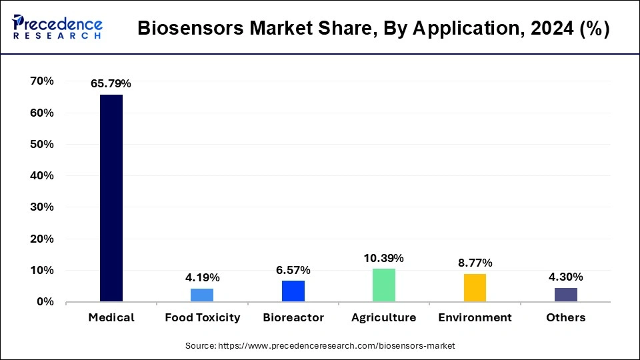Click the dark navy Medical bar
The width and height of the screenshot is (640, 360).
point(111,198)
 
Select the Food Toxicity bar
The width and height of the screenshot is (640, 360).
point(202,295)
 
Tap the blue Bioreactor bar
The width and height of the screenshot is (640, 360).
point(293,291)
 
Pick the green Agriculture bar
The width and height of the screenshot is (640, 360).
point(384,285)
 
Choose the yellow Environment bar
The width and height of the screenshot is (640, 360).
point(475,288)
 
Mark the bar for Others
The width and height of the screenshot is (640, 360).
point(565,295)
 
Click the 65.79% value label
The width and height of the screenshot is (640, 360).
point(111,84)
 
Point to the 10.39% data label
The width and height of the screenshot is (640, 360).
point(384,258)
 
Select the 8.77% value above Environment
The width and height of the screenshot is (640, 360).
point(475,263)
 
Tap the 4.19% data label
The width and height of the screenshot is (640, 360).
point(202,277)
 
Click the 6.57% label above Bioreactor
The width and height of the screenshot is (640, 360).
point(293,270)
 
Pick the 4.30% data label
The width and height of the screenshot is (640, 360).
point(565,277)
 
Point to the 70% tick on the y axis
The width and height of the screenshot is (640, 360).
point(42,81)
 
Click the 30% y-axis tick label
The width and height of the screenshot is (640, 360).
point(42,207)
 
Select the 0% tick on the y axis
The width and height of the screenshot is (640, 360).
point(45,302)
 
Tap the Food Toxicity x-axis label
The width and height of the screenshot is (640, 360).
point(202,317)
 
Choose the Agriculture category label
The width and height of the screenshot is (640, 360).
point(384,317)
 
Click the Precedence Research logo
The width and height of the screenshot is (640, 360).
point(57,27)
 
